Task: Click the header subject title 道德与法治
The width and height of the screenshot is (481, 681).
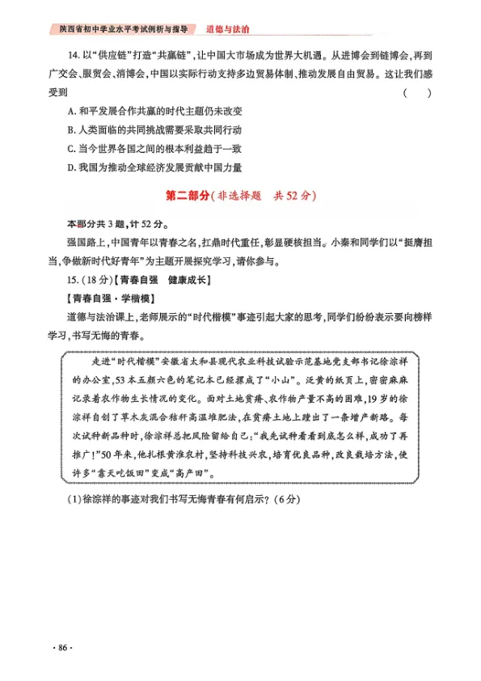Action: coord(227,29)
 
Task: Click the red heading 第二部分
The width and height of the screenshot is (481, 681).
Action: coord(187,197)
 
